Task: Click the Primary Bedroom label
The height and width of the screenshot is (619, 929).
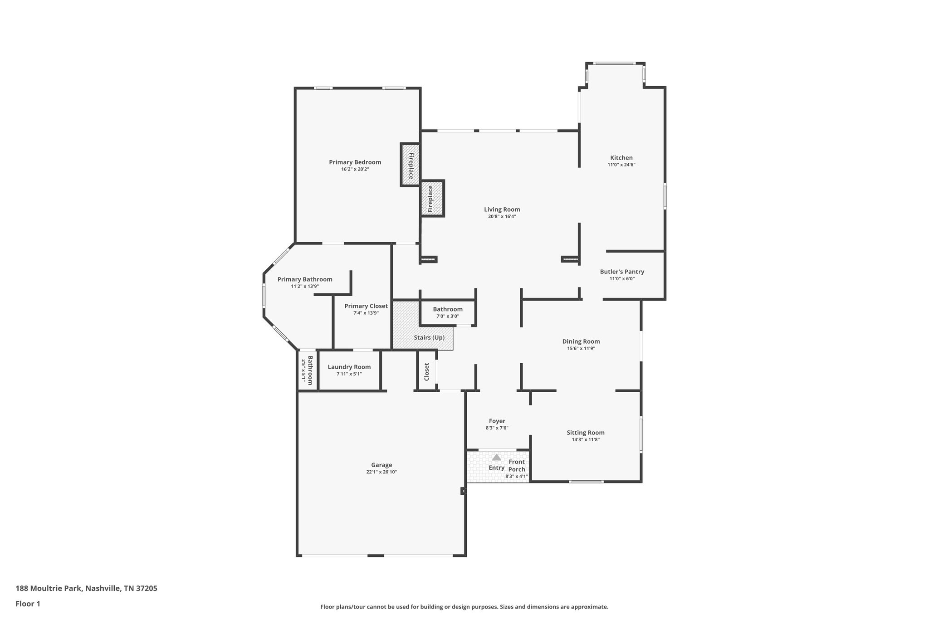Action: click(x=355, y=162)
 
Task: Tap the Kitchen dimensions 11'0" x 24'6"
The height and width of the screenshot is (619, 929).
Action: click(x=621, y=165)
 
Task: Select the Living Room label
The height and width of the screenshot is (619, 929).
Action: click(x=502, y=210)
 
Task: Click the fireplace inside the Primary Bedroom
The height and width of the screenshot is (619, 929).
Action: click(x=410, y=165)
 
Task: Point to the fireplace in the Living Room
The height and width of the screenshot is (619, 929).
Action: click(x=431, y=199)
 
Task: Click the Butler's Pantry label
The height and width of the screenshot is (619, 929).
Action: click(x=622, y=272)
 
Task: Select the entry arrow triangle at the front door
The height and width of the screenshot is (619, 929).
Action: click(x=497, y=458)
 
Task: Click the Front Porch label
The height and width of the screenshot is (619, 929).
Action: click(x=517, y=466)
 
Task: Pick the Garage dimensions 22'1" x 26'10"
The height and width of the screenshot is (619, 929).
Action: click(x=381, y=472)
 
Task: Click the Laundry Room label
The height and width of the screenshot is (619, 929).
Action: click(x=349, y=367)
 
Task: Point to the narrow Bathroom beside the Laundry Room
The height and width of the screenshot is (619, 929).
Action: click(x=307, y=370)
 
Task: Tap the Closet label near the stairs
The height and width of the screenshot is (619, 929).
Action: click(x=427, y=371)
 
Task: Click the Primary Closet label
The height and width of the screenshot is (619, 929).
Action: click(x=366, y=306)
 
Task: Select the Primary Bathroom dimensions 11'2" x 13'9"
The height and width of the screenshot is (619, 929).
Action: click(x=305, y=287)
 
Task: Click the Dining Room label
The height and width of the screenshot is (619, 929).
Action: click(x=581, y=341)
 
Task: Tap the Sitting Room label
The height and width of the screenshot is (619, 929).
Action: click(x=585, y=433)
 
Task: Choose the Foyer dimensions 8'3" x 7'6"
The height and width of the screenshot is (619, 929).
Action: click(x=497, y=428)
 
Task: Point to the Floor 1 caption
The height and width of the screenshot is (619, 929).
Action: click(x=28, y=604)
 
